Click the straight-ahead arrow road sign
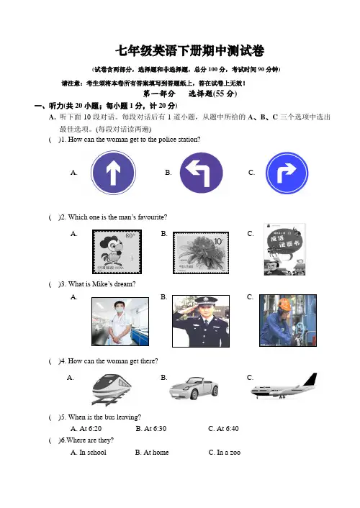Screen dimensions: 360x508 (113, 173)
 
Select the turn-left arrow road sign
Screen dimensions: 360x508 (201, 173)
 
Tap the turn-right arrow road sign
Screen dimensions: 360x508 (287, 173)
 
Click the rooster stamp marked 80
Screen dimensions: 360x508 (117, 252)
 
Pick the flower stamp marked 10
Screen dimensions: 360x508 (201, 253)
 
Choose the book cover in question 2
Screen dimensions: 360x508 (284, 250)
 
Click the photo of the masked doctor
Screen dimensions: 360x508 (120, 322)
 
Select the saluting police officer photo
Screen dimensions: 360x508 (201, 321)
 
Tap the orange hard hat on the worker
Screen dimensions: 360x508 (285, 304)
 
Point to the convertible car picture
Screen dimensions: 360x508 (194, 388)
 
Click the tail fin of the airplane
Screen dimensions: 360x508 (311, 379)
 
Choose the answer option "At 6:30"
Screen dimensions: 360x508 (150, 429)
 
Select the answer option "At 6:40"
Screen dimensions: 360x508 (223, 429)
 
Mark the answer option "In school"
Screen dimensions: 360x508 (89, 453)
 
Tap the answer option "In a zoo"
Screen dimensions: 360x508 (225, 453)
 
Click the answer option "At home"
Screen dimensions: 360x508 (152, 453)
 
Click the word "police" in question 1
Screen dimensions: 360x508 (167, 140)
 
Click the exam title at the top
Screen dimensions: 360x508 (190, 51)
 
